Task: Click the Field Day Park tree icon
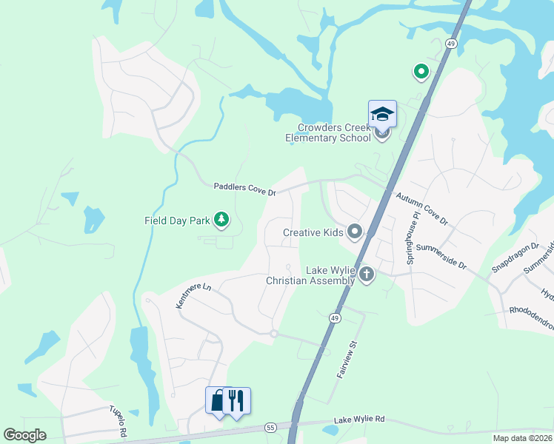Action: [221, 219]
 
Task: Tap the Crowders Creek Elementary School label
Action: [329, 132]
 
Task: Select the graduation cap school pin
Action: [382, 114]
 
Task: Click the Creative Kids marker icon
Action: [355, 232]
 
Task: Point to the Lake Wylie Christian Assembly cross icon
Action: [366, 275]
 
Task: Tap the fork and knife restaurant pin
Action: [236, 400]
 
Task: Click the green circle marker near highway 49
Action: [421, 72]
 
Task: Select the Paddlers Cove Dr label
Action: [244, 190]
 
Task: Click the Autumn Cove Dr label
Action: [422, 209]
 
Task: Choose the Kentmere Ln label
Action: [193, 295]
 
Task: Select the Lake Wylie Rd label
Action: [359, 419]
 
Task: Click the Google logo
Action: [24, 435]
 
